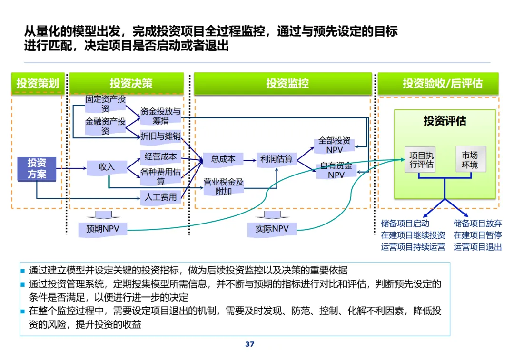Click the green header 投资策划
[x=38, y=84]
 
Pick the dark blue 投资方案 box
[x=37, y=169]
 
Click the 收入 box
[x=107, y=167]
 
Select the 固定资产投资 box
[x=105, y=104]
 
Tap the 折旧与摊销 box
[x=160, y=136]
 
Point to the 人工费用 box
[x=160, y=196]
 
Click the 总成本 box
[x=223, y=159]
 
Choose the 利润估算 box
[x=277, y=159]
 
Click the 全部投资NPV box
[x=334, y=145]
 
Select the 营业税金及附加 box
[x=223, y=186]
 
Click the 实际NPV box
[x=272, y=229]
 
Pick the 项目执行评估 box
[x=422, y=160]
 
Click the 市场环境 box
[x=470, y=160]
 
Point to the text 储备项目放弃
[x=477, y=223]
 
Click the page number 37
[x=250, y=344]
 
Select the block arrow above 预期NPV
[x=103, y=214]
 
